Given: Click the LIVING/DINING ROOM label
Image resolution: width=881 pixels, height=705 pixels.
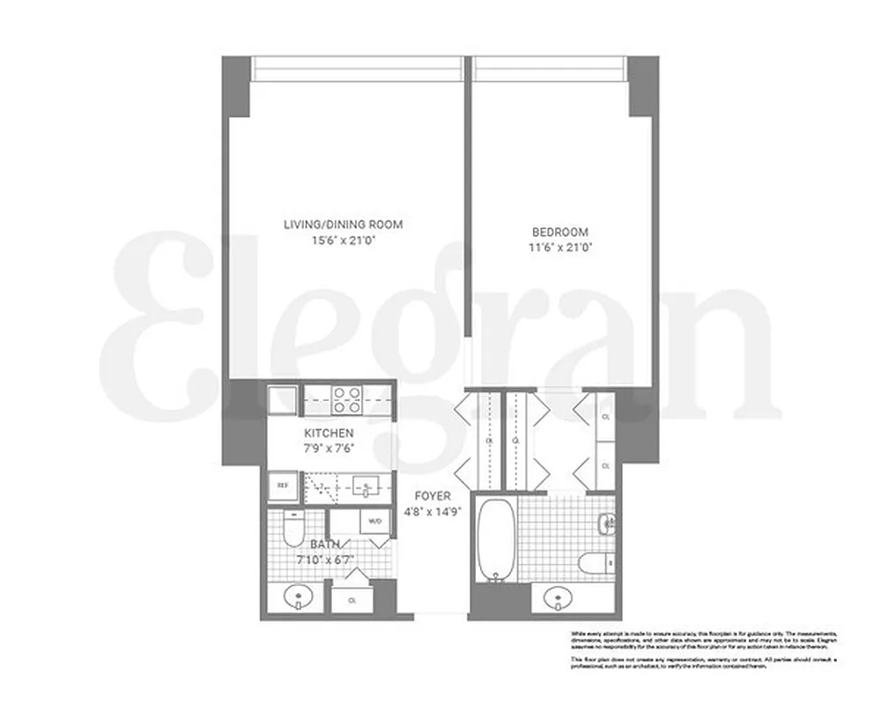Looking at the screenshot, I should point(343,225).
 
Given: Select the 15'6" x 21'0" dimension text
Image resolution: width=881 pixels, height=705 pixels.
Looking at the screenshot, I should point(343,240).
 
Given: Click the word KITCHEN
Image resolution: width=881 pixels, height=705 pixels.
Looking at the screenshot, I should point(329,433).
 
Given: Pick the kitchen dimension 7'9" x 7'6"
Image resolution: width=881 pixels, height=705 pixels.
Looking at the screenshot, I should point(329,448).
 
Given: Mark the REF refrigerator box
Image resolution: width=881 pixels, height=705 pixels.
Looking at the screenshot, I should point(284,484).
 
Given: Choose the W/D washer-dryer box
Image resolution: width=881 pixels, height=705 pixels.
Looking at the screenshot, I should point(374,521).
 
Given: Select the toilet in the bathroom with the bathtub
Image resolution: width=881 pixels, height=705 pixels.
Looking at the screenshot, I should point(594,560).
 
